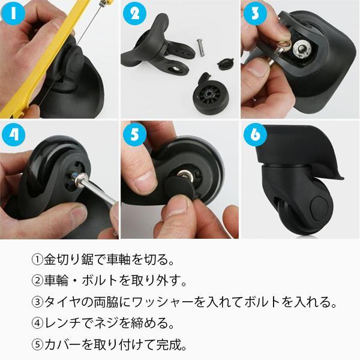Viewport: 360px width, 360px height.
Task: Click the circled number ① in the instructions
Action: [x=37, y=262]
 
